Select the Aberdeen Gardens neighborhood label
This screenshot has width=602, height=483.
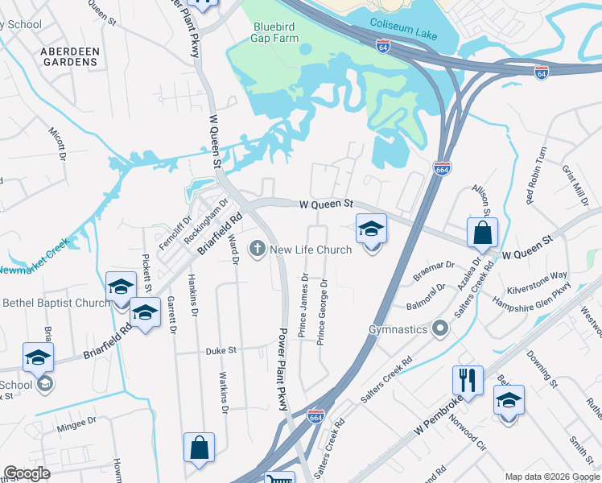[x=71, y=56]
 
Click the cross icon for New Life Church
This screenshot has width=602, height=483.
[x=258, y=249]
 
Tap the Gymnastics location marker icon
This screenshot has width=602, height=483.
[x=439, y=329]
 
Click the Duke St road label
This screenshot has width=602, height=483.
[x=221, y=350]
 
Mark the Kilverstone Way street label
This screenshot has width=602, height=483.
[x=537, y=281]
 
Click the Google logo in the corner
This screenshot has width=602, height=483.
[x=27, y=473]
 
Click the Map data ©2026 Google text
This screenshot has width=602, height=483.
[x=551, y=477]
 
